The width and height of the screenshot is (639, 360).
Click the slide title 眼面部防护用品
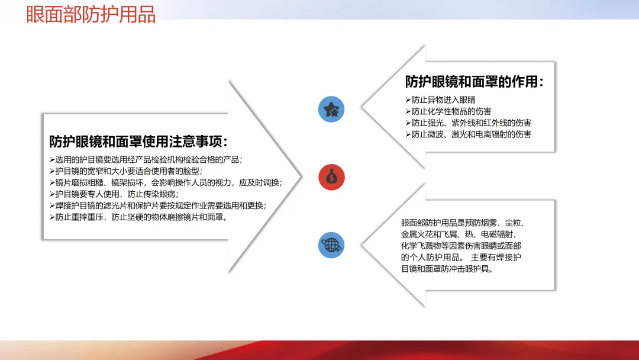tap(91, 14)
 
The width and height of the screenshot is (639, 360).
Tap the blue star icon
tap(331, 110)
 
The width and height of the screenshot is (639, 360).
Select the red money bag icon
tap(331, 178)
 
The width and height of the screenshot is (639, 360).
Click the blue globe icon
tap(331, 245)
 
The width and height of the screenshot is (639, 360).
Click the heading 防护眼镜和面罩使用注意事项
tap(138, 142)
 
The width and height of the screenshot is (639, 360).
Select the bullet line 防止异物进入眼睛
tap(441, 100)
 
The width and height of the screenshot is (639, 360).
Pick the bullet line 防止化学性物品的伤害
tap(448, 111)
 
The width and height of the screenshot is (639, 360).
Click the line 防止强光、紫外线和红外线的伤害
tap(468, 123)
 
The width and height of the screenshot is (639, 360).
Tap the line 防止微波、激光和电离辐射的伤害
tap(468, 134)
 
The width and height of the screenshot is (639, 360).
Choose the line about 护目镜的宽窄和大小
tap(127, 171)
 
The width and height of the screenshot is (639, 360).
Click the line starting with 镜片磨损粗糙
tap(166, 182)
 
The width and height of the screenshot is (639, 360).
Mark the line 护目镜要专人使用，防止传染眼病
tap(114, 194)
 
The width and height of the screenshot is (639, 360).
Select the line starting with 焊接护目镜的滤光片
tap(158, 205)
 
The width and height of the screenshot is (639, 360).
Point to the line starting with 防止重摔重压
tap(138, 217)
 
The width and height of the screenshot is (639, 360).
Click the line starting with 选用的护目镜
tap(146, 160)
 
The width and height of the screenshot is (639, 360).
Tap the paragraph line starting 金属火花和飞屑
tap(459, 234)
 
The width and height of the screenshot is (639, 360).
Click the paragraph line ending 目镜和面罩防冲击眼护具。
tap(447, 269)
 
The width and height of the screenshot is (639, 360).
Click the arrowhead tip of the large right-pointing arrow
tap(301, 176)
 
